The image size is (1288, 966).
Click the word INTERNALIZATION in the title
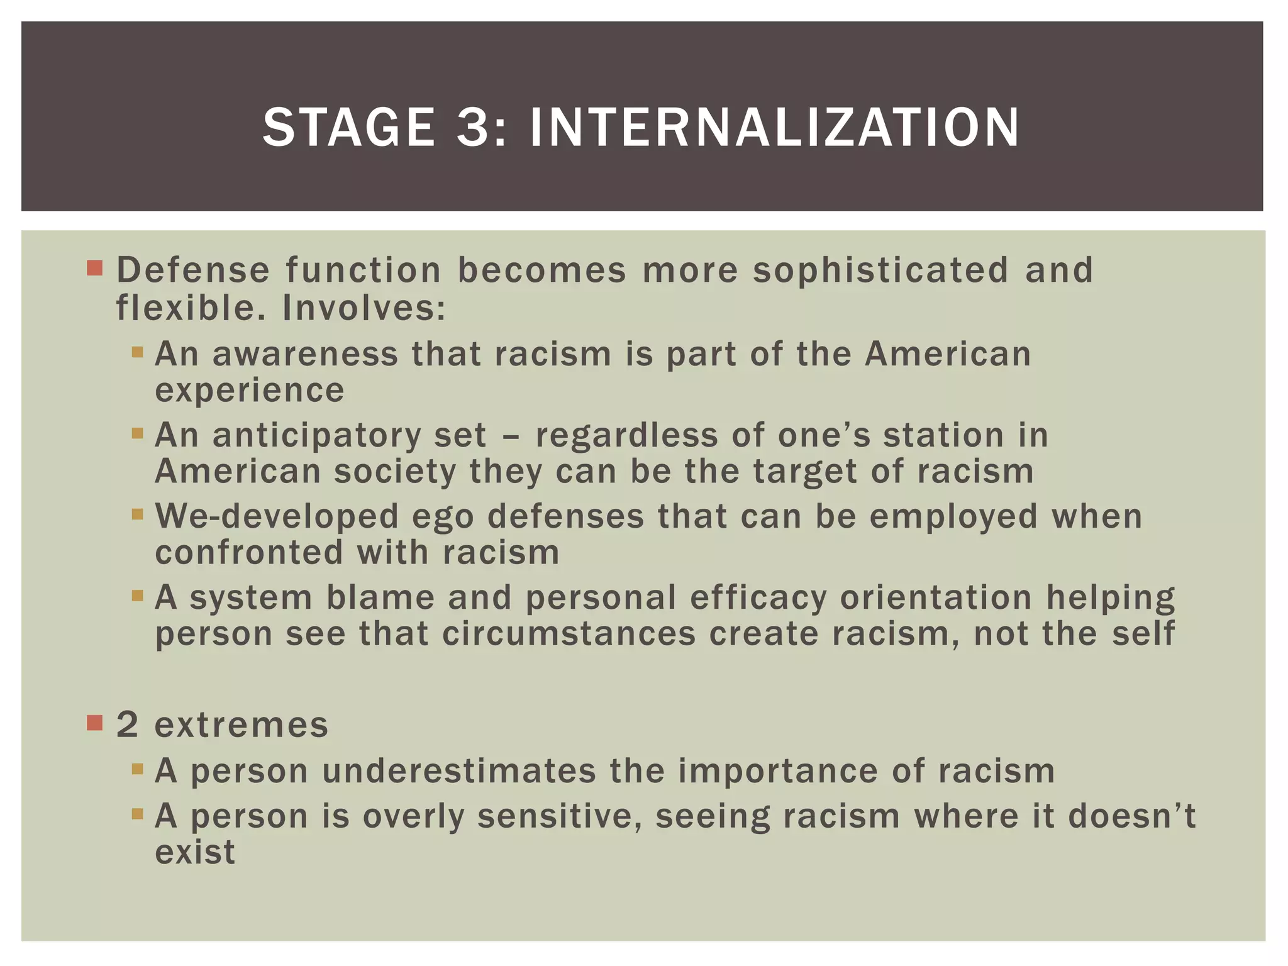(774, 128)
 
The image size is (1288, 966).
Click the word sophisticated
(880, 270)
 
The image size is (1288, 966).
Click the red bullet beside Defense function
(94, 269)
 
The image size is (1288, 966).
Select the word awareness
(305, 354)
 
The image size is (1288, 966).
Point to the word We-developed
(277, 516)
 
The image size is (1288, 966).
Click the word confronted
(249, 553)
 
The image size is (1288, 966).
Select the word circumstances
(569, 634)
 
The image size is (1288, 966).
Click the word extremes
(241, 725)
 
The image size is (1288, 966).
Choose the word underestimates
(458, 771)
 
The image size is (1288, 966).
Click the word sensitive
(559, 816)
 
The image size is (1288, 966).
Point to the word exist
(195, 853)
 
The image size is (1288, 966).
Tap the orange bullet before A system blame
(138, 595)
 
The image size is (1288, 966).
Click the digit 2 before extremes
(127, 725)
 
